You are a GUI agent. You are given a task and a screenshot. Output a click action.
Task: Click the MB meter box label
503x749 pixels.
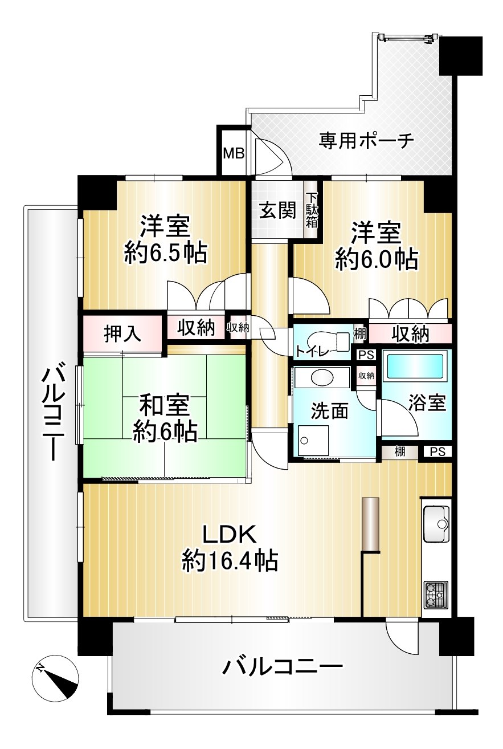point(234,154)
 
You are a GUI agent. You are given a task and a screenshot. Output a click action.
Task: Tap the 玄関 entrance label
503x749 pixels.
point(279,211)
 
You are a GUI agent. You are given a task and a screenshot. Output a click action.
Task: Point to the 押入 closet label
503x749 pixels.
point(122,334)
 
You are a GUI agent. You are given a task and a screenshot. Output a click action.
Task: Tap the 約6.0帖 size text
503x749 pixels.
point(377,259)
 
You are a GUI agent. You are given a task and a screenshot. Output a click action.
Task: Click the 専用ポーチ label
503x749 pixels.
point(366,141)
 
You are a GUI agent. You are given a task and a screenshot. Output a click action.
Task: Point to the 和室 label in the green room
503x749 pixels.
point(165,407)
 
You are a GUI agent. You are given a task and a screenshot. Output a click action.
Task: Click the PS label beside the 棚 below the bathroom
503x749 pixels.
point(438,452)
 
